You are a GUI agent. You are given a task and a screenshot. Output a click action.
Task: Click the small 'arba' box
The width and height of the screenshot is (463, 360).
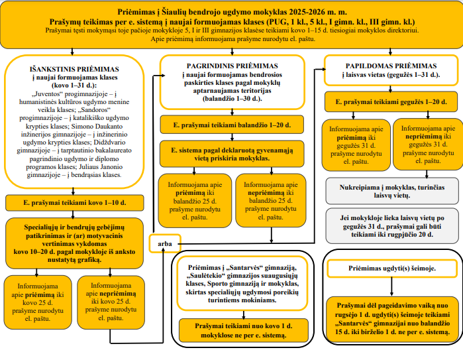tap(166, 243)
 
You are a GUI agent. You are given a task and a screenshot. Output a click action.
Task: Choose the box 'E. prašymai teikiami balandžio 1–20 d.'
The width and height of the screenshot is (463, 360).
tap(231, 125)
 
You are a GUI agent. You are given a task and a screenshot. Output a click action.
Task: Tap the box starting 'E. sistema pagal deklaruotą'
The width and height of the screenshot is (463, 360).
tap(231, 154)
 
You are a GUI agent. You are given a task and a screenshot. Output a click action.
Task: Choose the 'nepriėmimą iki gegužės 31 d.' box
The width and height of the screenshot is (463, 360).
tap(423, 143)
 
